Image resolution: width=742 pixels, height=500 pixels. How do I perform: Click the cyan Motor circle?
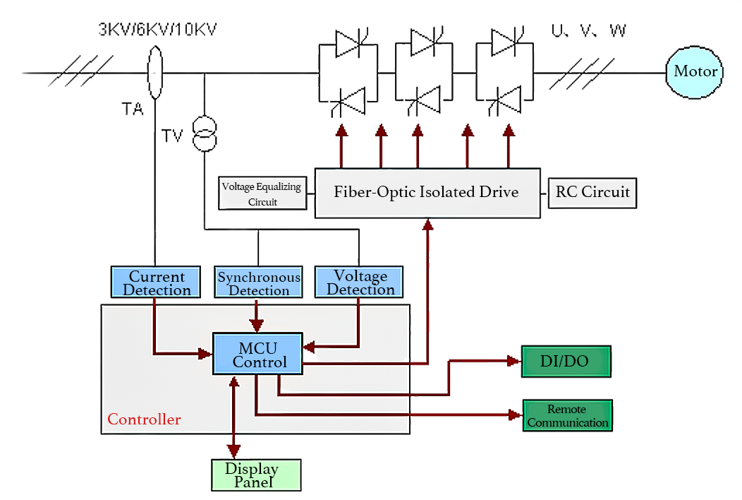(695, 71)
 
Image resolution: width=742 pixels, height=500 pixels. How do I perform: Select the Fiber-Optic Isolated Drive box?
(427, 192)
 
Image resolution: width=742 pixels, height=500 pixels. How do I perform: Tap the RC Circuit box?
(592, 192)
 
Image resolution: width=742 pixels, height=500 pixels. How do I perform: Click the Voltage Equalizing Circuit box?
(262, 194)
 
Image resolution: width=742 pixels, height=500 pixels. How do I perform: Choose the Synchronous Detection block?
(259, 282)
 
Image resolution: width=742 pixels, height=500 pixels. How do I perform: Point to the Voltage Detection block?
(360, 282)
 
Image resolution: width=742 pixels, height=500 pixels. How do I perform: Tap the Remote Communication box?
(567, 415)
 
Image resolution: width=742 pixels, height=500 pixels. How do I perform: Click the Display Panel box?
(256, 475)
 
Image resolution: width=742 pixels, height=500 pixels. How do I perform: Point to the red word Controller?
(144, 419)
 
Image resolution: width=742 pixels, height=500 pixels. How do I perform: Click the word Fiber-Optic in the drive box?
(374, 192)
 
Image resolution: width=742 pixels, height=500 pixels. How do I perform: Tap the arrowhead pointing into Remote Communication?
(515, 415)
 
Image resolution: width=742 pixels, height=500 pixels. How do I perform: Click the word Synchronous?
(259, 277)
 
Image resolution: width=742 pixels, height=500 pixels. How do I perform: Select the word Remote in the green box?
(567, 410)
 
